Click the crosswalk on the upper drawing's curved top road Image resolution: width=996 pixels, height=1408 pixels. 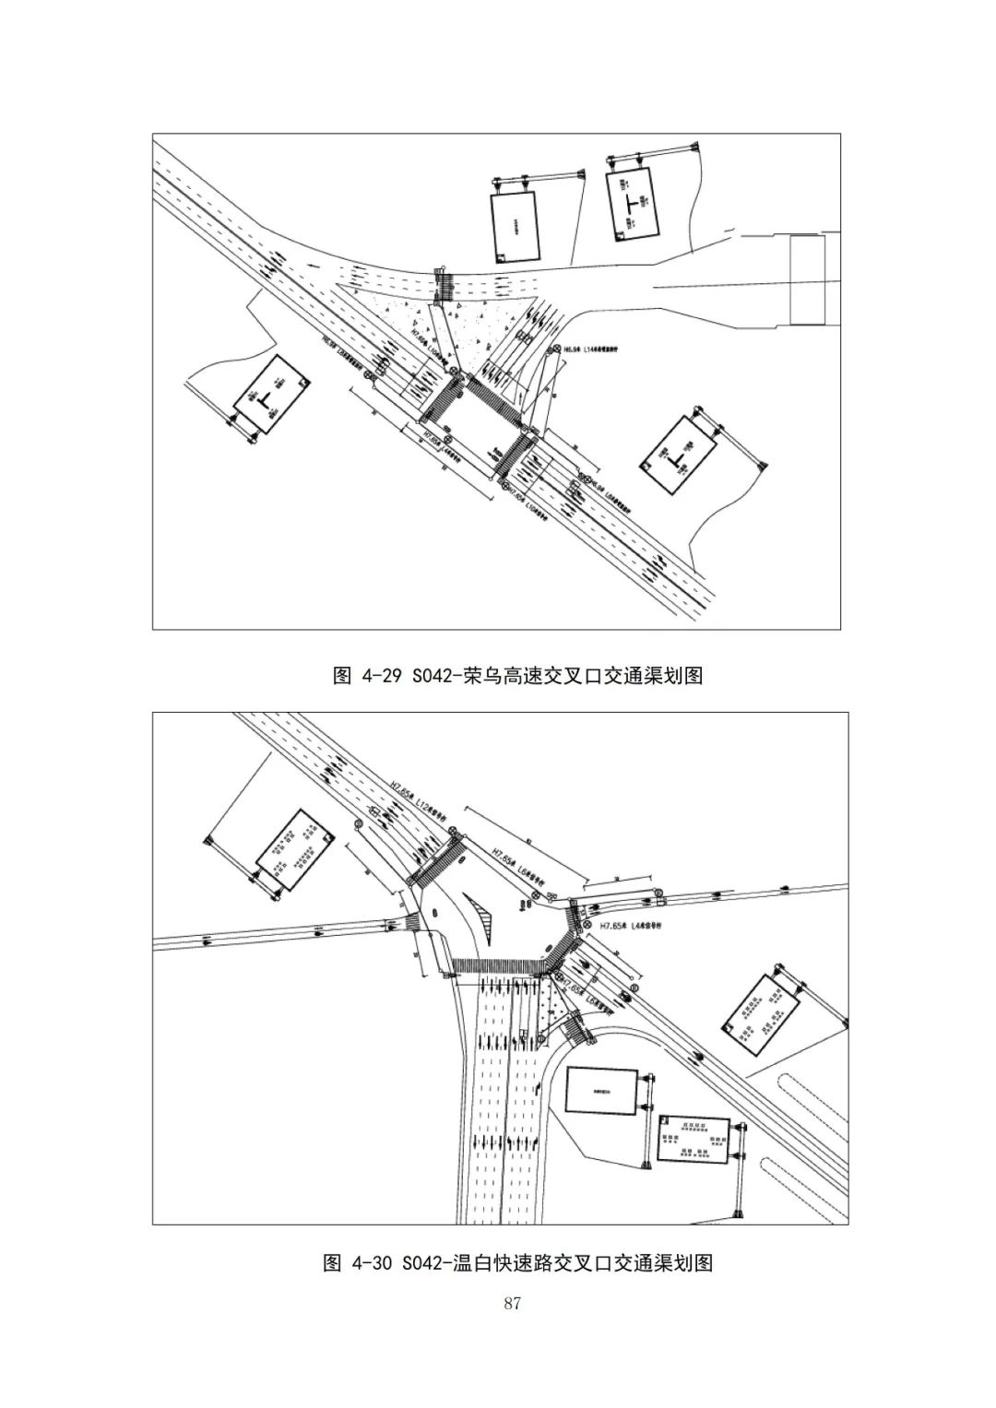pos(444,287)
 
